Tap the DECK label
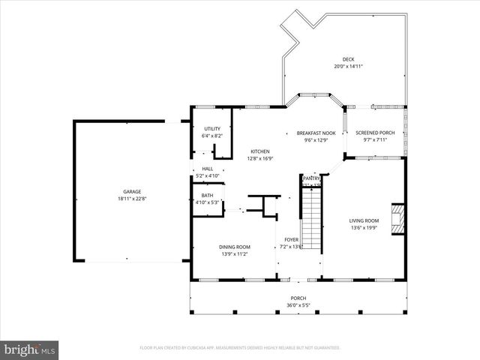[349, 59]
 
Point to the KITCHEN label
[259, 151]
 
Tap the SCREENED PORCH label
[375, 133]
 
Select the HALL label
[207, 169]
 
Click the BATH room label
[207, 195]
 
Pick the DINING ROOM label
[235, 247]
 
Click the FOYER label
[290, 239]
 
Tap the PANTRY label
[311, 178]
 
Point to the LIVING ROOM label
[364, 220]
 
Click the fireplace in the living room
[400, 218]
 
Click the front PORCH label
[298, 298]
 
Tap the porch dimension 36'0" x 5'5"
[298, 305]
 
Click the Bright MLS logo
[30, 349]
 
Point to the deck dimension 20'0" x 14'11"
[349, 67]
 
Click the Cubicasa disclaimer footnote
[240, 348]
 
